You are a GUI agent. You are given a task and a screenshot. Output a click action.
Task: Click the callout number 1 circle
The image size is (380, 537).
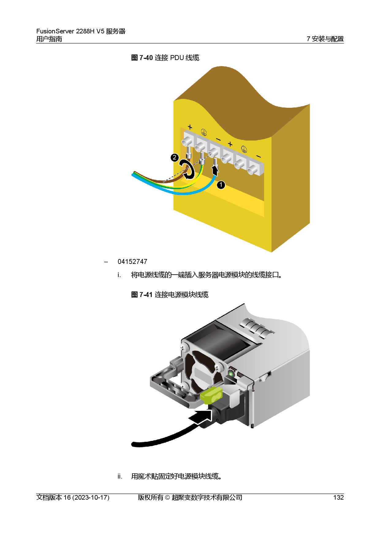[221, 185]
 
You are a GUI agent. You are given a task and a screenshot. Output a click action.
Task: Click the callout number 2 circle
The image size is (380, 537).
[174, 157]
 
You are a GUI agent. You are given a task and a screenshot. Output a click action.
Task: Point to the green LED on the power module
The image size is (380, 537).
[231, 374]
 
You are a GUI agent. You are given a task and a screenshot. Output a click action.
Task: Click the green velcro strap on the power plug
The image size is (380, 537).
[211, 395]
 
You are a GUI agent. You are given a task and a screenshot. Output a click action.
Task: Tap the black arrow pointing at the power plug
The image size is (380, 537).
[200, 417]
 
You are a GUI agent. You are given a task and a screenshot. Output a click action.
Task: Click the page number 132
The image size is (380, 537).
[338, 498]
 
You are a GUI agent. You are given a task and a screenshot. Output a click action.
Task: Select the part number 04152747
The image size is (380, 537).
[132, 262]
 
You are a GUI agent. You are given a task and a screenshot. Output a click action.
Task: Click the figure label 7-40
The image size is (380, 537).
[146, 58]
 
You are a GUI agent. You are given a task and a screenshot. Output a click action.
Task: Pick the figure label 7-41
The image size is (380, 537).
[146, 295]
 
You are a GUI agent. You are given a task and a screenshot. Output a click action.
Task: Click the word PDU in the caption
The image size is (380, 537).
[177, 58]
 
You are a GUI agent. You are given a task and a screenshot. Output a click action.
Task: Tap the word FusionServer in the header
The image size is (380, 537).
[55, 31]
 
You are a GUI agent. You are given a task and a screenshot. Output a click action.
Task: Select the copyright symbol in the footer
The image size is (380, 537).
[167, 498]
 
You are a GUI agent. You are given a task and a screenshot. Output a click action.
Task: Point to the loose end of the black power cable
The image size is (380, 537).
[133, 444]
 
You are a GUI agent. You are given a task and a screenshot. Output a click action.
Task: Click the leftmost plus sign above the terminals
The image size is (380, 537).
[190, 127]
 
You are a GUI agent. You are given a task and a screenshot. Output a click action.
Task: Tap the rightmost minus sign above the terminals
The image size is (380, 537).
[258, 157]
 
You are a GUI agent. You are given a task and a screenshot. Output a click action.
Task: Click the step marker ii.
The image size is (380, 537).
[120, 476]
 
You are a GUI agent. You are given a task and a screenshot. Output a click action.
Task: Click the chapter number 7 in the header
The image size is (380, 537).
[308, 39]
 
